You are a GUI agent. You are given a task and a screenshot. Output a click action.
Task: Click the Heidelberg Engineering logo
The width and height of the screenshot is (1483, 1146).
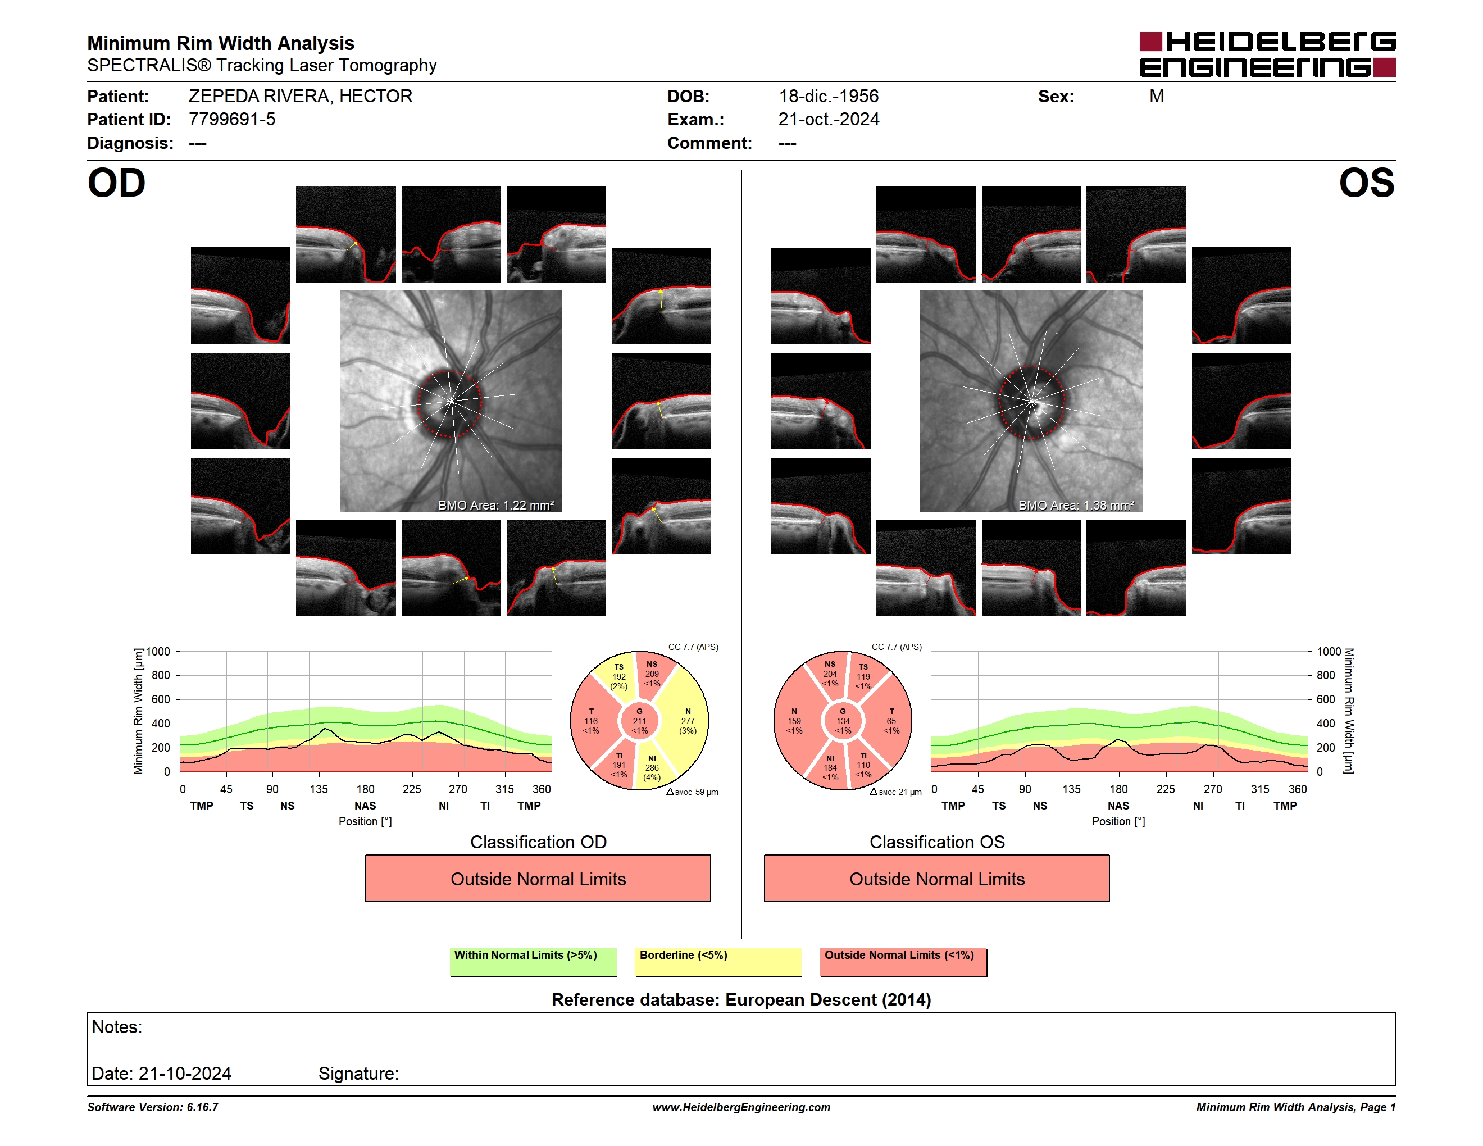[1267, 54]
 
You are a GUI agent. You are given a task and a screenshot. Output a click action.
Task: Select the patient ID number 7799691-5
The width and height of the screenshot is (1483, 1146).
[232, 120]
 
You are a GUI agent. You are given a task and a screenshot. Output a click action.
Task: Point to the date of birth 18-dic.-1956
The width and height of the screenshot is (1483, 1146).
[829, 97]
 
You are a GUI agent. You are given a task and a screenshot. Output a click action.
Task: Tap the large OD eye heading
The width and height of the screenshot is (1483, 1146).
[117, 183]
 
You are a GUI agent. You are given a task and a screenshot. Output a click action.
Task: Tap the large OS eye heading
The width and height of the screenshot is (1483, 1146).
[1366, 183]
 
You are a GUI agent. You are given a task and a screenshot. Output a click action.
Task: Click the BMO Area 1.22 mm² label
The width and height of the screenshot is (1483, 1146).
[495, 505]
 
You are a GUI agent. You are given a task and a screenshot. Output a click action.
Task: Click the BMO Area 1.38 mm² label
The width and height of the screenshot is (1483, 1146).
[1076, 505]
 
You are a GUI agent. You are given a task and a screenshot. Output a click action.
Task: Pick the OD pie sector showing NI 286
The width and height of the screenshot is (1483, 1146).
[652, 767]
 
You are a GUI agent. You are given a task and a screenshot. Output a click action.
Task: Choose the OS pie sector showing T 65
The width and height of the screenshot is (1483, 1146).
[891, 721]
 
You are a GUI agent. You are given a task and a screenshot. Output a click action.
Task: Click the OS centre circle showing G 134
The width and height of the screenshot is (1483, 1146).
[843, 721]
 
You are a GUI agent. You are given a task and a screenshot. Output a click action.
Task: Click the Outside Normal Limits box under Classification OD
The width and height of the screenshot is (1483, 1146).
[538, 879]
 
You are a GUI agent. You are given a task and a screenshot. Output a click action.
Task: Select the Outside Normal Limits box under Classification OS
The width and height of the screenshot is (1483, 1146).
[936, 879]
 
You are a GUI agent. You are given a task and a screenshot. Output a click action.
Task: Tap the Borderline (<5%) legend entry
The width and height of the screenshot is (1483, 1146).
[718, 962]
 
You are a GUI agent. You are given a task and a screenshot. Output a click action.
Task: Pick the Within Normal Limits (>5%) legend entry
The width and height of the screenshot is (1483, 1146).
[533, 962]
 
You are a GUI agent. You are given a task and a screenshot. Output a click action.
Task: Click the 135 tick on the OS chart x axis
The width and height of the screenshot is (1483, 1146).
[1071, 789]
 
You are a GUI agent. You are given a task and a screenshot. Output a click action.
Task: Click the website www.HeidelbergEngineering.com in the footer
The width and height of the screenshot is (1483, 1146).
[741, 1107]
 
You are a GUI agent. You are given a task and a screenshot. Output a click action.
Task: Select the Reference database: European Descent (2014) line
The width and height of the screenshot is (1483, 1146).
[741, 1000]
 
